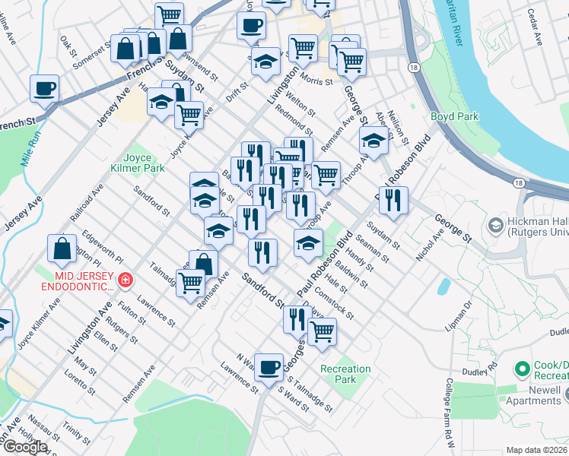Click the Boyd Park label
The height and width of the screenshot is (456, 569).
tap(454, 116)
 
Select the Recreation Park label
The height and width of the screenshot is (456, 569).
tap(345, 374)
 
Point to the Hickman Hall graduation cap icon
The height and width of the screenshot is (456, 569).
tap(496, 225)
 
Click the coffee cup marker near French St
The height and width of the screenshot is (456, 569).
tap(45, 88)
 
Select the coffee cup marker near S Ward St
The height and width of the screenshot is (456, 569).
tap(269, 368)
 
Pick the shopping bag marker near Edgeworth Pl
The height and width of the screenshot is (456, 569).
tap(62, 248)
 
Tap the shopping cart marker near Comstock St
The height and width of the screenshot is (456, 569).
tap(322, 331)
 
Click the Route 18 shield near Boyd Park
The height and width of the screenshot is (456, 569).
tap(412, 68)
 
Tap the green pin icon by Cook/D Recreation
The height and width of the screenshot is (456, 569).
tap(522, 369)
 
